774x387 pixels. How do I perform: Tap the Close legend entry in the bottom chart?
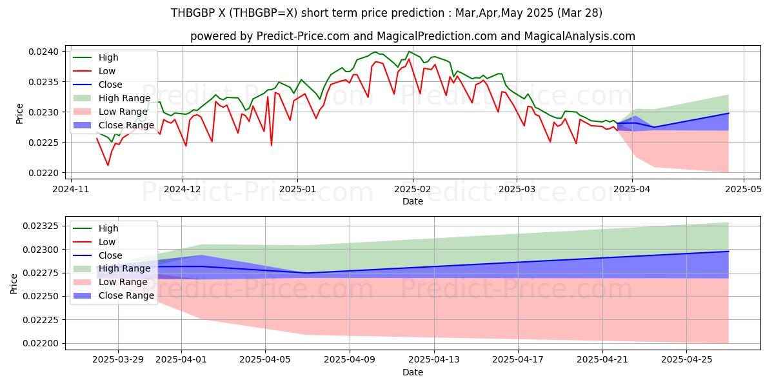pyautogui.click(x=110, y=255)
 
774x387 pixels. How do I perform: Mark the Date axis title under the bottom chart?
pyautogui.click(x=413, y=372)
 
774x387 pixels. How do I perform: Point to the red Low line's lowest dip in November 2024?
pyautogui.click(x=108, y=166)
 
